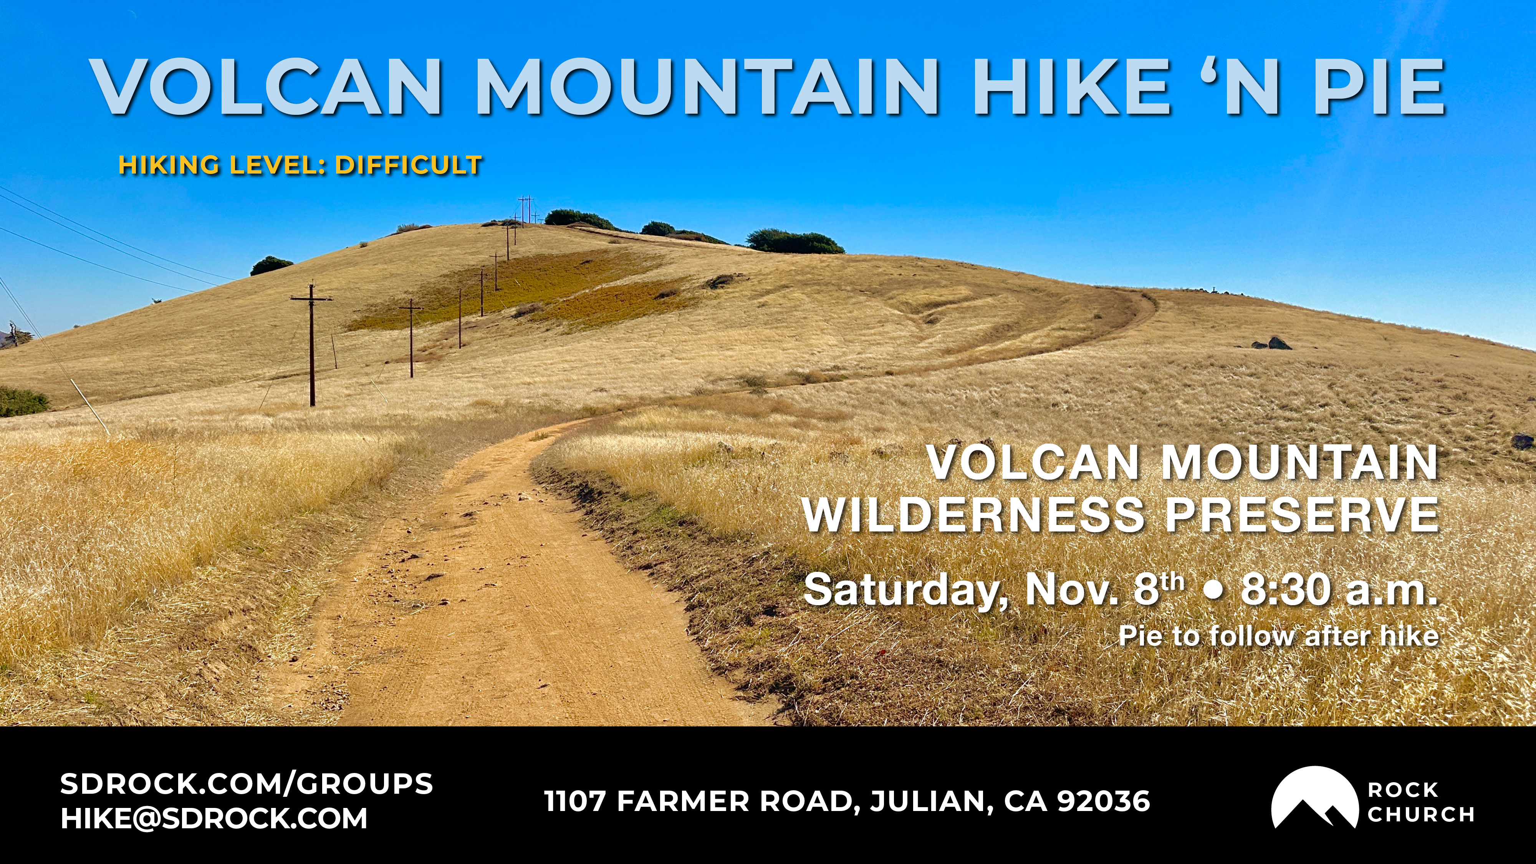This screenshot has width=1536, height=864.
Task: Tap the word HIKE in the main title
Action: (1070, 86)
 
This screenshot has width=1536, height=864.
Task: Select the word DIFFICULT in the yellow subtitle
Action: (409, 165)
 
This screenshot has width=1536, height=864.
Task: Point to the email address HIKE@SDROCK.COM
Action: (214, 819)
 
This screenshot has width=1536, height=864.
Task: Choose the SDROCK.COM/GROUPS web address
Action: (246, 783)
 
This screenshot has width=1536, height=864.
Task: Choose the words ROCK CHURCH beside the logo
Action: (1420, 802)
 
